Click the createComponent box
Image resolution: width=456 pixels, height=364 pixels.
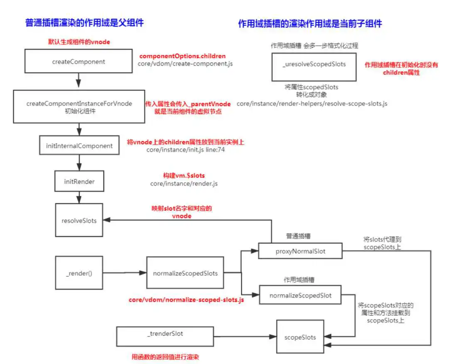78,61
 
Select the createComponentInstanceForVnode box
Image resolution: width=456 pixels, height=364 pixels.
79,106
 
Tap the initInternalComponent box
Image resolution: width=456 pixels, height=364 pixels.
79,145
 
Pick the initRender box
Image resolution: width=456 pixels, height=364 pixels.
79,181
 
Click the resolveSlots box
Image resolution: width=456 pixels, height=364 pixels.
79,220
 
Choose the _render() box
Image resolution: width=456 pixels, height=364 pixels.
79,273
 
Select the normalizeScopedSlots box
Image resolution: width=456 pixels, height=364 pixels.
185,273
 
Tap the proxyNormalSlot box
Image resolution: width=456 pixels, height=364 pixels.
300,251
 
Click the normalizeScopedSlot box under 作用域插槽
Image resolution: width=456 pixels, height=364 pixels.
300,295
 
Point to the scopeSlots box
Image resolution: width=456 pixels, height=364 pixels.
300,337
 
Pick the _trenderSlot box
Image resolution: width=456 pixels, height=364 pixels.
165,337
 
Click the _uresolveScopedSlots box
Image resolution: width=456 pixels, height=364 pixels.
314,67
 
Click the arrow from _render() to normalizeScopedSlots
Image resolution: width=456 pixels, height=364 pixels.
125,273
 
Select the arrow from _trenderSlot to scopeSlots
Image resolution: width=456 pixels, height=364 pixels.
245,337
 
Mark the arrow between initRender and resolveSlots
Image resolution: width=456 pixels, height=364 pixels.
79,197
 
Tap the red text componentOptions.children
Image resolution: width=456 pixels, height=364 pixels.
182,56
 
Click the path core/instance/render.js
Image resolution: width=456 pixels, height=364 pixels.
184,184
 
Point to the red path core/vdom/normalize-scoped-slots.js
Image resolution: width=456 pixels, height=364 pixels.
186,300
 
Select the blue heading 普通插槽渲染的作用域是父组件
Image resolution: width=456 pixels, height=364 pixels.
84,23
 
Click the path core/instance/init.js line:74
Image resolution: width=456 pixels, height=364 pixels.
186,150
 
